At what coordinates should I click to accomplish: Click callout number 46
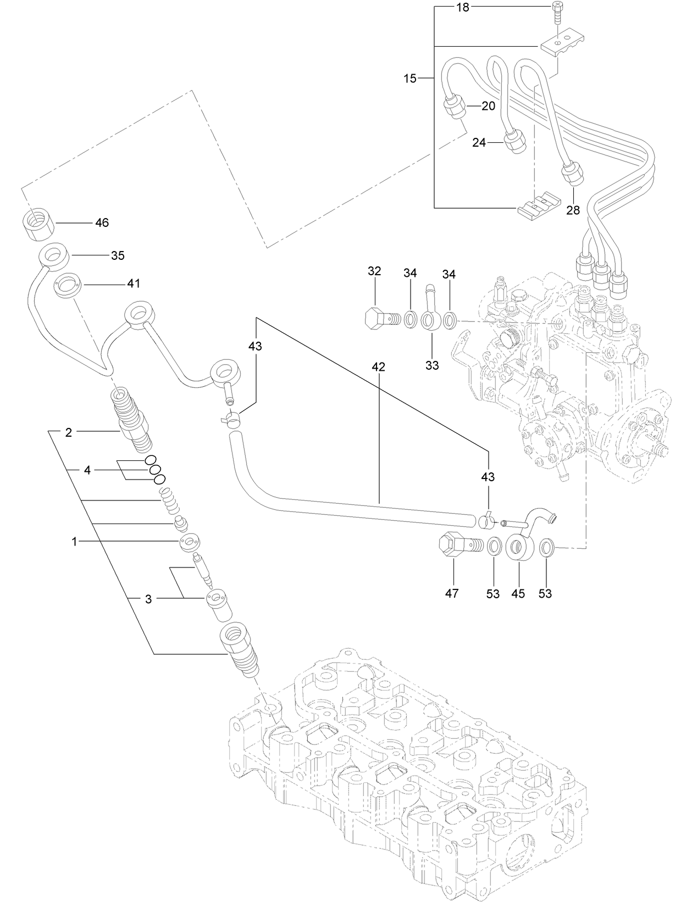pos(102,222)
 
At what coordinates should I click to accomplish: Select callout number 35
pos(118,255)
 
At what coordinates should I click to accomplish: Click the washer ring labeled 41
pos(69,286)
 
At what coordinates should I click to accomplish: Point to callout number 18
pos(463,8)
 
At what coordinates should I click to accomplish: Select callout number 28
pos(573,210)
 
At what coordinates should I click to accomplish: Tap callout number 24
pos(479,142)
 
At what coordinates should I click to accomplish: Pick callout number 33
pos(432,365)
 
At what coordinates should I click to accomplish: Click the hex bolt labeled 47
pos(456,548)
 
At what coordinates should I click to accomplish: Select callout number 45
pos(518,593)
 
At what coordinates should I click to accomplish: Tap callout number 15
pos(410,79)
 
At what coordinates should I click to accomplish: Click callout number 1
pos(74,542)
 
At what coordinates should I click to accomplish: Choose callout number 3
pos(148,599)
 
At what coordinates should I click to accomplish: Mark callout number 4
pos(87,470)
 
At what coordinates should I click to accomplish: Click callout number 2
pos(69,432)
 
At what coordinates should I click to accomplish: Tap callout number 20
pos(488,106)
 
